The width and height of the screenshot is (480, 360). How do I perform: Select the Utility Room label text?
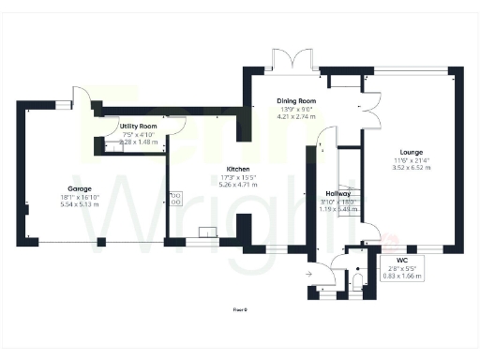coord(138,126)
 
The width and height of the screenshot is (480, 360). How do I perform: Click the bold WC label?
coord(402,259)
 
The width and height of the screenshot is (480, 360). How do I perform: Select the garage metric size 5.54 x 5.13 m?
coord(65,203)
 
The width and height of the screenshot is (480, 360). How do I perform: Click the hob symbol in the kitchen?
coord(175,198)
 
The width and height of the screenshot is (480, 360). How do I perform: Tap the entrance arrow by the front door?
coord(310,274)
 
